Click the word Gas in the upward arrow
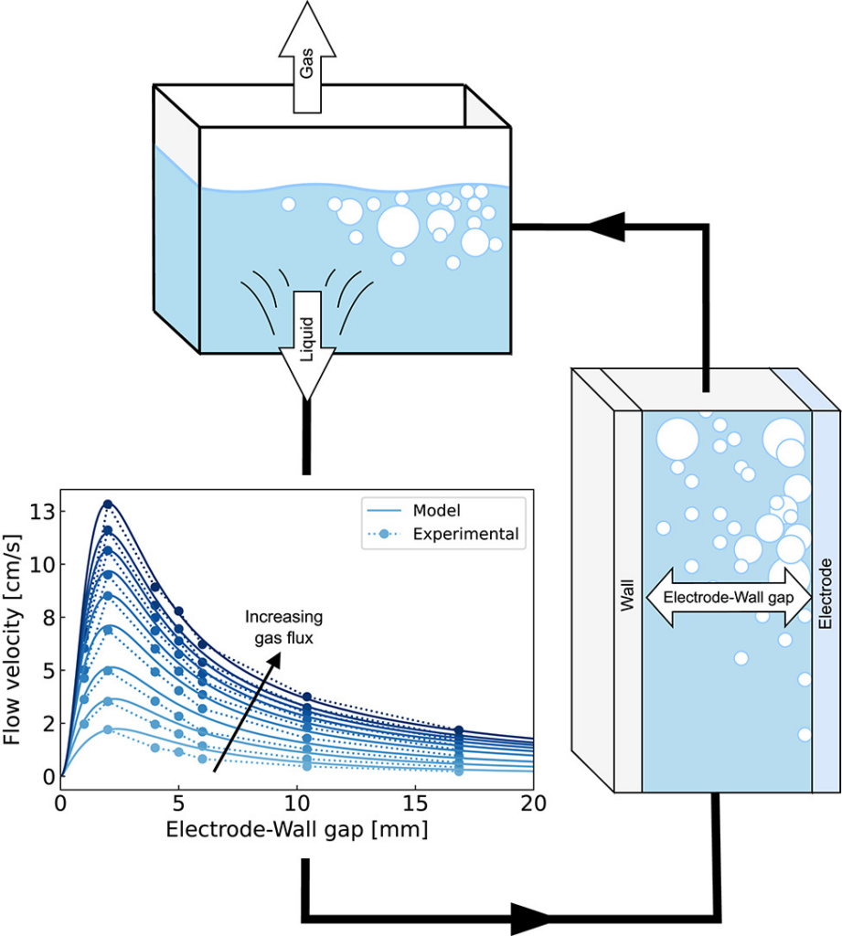tap(310, 65)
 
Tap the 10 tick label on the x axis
tap(297, 803)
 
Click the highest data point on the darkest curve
tap(108, 505)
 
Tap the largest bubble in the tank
tap(398, 227)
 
